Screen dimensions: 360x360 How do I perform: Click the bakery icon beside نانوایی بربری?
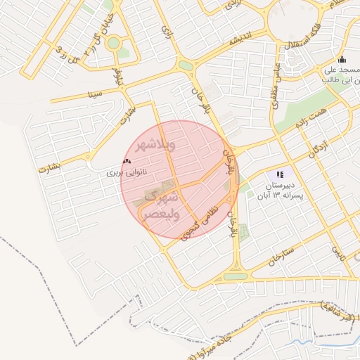click(x=127, y=162)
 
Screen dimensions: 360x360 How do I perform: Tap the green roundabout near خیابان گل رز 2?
click(x=112, y=43)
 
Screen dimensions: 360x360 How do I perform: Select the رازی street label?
click(x=167, y=31)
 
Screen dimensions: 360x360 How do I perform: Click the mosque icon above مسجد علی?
click(x=342, y=60)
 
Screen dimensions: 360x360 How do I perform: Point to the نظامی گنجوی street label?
click(x=202, y=221)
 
